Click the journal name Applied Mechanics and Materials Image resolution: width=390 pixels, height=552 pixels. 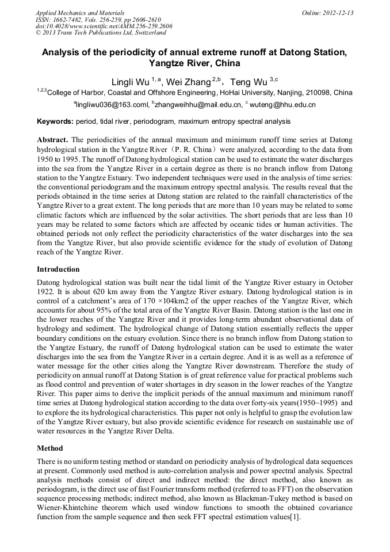tap(79, 13)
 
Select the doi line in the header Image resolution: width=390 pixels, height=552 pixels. tap(104, 26)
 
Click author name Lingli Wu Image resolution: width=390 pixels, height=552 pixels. tap(131, 82)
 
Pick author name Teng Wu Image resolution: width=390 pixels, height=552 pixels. tap(248, 82)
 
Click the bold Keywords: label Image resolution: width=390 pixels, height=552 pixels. tap(55, 122)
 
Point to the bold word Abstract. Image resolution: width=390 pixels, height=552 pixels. tap(52, 140)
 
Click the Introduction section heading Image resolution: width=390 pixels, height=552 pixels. tap(58, 269)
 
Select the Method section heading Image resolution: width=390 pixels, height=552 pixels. tap(49, 448)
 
